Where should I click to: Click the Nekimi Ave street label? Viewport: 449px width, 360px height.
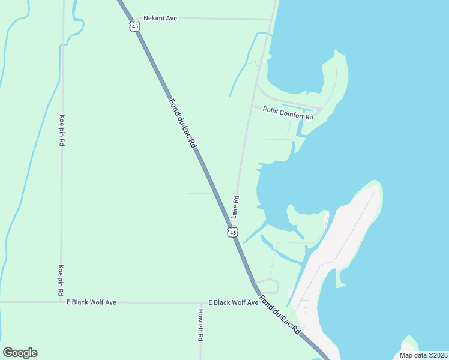pos(160,19)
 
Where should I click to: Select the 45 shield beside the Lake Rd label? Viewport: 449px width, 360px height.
pos(232,232)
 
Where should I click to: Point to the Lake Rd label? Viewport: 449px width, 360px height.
pos(236,206)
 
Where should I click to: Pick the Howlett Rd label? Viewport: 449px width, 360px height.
pos(200,325)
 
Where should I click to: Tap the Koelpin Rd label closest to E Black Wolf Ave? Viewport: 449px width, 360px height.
pos(61,280)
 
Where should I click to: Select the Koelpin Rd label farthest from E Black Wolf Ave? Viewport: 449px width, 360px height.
pos(62,131)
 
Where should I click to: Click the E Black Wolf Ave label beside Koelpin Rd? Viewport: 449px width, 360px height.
pos(91,302)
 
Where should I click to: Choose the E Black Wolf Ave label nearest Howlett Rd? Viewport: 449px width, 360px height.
pos(233,302)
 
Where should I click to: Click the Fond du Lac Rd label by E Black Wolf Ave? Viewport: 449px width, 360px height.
pos(280,314)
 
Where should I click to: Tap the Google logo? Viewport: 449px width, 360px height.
pos(20,353)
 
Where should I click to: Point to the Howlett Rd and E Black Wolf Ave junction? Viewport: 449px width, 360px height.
pos(200,302)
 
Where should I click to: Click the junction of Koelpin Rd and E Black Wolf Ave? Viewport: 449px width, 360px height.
pos(61,302)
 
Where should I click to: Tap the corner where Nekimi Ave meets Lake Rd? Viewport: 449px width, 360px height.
pos(273,19)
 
